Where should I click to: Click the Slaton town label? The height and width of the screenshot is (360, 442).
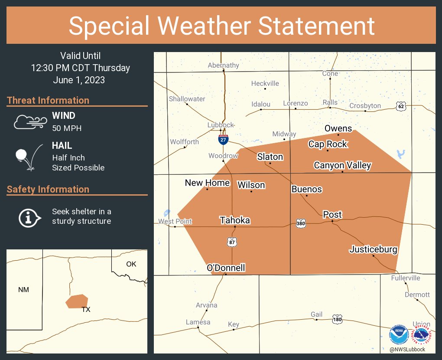tap(270, 157)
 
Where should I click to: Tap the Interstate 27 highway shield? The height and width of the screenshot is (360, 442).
tap(223, 140)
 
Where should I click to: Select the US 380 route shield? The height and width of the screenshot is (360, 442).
tap(301, 223)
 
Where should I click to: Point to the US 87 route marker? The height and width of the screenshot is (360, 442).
tap(232, 242)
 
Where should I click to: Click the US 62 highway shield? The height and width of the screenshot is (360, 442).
tap(400, 106)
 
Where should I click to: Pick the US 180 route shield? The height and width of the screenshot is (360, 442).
tap(338, 319)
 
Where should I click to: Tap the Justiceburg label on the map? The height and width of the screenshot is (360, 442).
tap(373, 249)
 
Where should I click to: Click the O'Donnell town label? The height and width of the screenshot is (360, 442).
tap(226, 268)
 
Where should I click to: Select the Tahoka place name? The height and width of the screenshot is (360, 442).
tap(235, 220)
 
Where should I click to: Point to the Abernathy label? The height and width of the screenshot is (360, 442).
tap(223, 65)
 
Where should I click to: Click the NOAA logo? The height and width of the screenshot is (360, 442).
tap(398, 335)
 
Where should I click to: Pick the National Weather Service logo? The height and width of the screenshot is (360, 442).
tap(422, 335)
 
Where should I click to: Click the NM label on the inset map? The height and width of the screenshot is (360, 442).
tap(23, 289)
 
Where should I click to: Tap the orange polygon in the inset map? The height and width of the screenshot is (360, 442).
tap(77, 301)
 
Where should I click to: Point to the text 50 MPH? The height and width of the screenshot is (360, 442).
tap(67, 128)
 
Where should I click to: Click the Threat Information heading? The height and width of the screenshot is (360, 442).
tap(48, 100)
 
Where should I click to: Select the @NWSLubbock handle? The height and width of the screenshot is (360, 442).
tap(407, 350)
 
